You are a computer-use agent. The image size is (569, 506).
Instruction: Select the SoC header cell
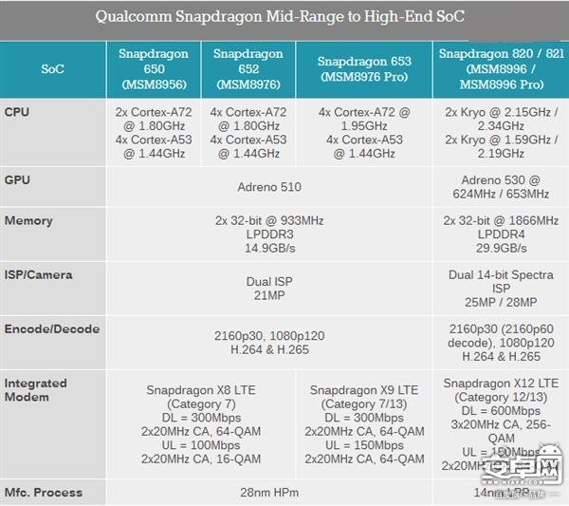coord(52,69)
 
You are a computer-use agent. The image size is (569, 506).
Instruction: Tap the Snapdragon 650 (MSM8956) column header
coord(153,69)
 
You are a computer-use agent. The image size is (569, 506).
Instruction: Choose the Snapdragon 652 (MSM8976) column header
coord(248,69)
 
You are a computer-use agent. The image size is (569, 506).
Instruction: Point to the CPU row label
coord(17,112)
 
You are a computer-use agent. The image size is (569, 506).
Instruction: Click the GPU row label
coord(17,179)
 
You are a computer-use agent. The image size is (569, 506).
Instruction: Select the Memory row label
coord(28,220)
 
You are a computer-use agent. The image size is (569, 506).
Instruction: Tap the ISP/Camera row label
coord(38,274)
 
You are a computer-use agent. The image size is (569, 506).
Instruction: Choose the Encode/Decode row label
coord(51,328)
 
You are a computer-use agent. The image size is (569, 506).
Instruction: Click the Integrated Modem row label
coord(36,389)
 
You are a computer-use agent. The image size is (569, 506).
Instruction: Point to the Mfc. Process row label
coord(44,492)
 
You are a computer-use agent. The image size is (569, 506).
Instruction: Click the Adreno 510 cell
coord(269,187)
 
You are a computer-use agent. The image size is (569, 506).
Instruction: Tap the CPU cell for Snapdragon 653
coord(364,132)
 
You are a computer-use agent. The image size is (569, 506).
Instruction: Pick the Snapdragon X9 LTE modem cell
coord(364,424)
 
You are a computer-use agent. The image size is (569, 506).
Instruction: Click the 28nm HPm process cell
coord(269,493)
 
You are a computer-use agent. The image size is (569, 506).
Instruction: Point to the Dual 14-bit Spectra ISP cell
coord(502,289)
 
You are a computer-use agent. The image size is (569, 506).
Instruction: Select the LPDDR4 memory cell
coord(502,234)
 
